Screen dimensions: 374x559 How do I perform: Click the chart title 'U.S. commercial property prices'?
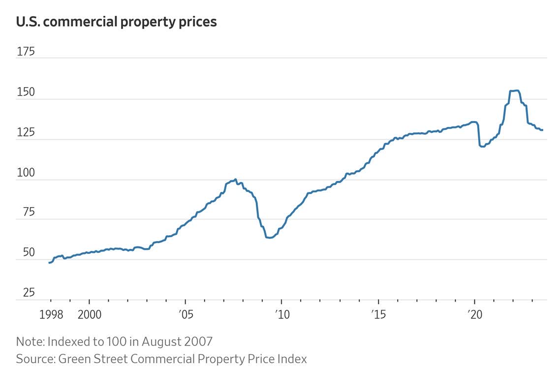coord(116,22)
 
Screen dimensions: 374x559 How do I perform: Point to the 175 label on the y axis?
coord(26,51)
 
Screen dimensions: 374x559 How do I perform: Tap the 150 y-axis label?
coord(26,92)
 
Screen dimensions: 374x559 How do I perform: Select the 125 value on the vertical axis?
coord(26,132)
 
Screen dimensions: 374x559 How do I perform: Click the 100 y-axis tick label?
coord(26,173)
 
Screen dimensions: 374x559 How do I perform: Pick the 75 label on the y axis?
coord(26,213)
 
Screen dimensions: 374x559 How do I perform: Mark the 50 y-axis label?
coord(26,253)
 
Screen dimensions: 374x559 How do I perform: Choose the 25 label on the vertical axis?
coord(26,293)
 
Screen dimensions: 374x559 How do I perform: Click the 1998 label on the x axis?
coord(51,314)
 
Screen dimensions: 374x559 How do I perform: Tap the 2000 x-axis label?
coord(90,314)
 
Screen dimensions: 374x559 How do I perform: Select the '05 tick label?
coord(185,314)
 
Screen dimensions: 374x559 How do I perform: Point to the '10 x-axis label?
coord(281,314)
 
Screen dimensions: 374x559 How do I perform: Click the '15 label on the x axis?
coord(378,314)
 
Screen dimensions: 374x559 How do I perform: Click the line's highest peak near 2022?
coord(514,91)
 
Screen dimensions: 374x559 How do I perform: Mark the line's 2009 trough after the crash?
coord(270,238)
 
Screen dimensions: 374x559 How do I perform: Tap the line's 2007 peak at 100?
coord(236,180)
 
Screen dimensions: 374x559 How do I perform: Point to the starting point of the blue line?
coord(49,263)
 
